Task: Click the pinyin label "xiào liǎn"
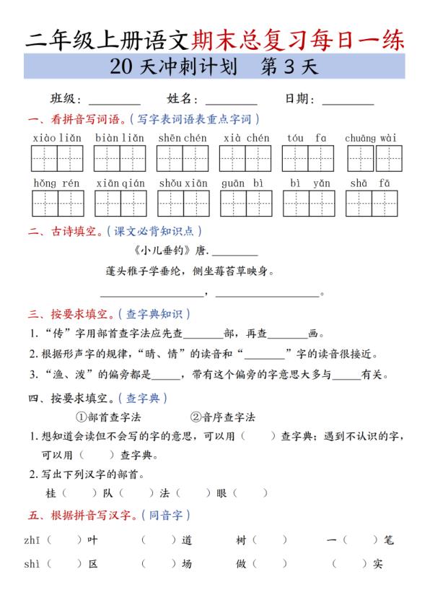pos(57,138)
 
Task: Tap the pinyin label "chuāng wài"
pos(371,138)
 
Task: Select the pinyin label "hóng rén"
pos(57,183)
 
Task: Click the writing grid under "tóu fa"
pos(307,158)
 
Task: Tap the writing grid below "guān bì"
pos(245,204)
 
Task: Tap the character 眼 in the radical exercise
pos(221,493)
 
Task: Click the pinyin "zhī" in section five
pos(33,539)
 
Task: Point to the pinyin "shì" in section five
pos(33,564)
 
